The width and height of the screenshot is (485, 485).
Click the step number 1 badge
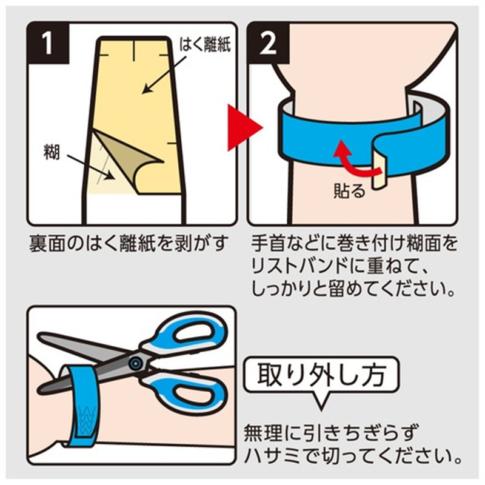pos(48,43)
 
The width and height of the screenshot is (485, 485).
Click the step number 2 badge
pos(269,43)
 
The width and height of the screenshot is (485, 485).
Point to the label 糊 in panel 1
pos(52,153)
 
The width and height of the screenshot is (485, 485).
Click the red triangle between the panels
pos(244,128)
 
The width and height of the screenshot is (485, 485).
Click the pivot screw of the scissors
pos(135,363)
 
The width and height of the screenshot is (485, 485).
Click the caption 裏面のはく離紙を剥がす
pos(129,244)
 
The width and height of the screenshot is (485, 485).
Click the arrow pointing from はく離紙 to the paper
pos(164,74)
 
